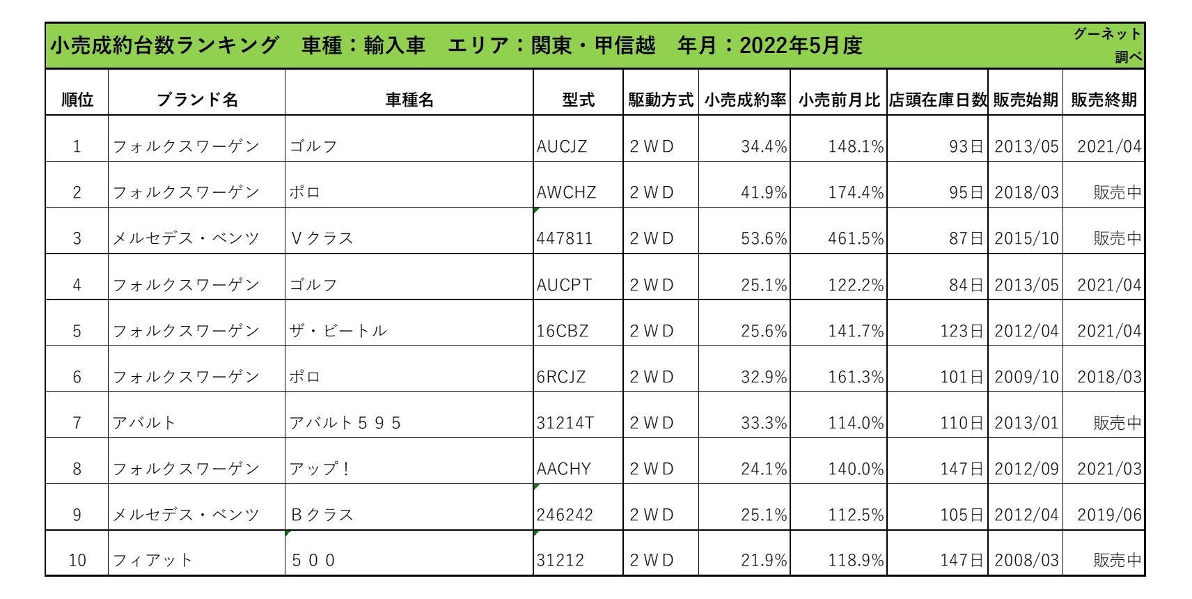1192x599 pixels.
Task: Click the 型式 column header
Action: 578,100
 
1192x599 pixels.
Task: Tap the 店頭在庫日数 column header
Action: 937,100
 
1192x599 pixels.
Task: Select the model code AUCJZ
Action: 561,146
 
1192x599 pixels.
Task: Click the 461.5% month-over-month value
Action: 855,238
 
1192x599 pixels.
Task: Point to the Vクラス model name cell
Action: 322,238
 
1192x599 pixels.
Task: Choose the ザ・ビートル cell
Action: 338,331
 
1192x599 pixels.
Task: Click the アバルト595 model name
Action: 345,423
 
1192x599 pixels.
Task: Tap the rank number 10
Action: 77,560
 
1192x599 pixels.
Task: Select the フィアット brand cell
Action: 152,560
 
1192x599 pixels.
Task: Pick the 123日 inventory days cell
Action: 962,331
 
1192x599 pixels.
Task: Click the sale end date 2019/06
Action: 1109,515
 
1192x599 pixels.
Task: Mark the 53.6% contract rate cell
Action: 764,238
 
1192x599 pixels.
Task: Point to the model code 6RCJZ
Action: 560,377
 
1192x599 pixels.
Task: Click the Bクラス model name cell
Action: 322,515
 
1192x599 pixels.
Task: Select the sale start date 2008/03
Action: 1026,560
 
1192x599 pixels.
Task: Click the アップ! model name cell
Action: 320,469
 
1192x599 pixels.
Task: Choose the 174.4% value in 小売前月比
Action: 855,192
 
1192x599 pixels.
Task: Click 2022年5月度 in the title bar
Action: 801,45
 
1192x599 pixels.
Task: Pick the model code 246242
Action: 564,515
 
